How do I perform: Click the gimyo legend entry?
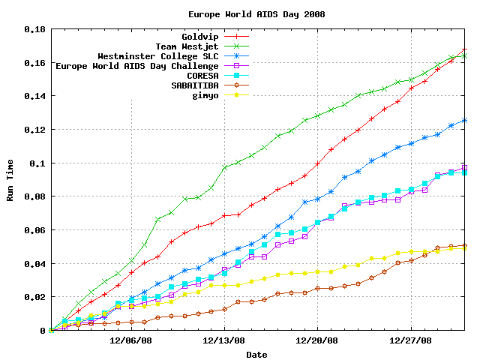(205, 95)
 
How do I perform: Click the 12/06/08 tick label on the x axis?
(131, 340)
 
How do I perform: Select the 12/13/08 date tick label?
(223, 340)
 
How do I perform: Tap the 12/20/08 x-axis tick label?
(316, 340)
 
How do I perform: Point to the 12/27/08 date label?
(409, 340)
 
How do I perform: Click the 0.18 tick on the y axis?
(34, 29)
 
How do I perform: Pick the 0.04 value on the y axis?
(34, 263)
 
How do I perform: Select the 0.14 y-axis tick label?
(34, 96)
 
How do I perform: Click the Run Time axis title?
(10, 180)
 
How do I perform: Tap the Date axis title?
(256, 354)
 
